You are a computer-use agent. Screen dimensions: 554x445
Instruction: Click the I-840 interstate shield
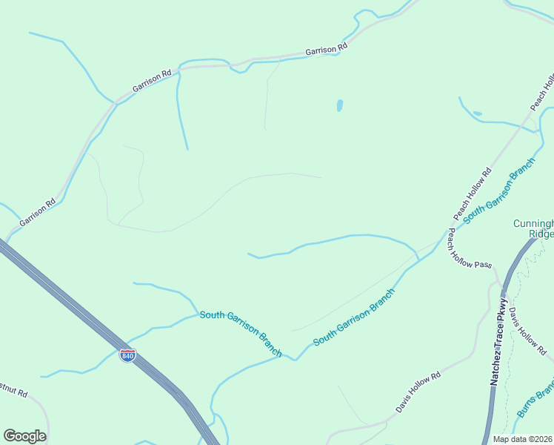[127, 356]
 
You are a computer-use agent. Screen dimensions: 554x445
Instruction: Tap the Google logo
[24, 436]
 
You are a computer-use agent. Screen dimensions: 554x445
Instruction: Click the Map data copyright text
[522, 439]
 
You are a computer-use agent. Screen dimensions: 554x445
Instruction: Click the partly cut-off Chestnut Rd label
[13, 392]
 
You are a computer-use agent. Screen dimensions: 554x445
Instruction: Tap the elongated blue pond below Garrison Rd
[340, 105]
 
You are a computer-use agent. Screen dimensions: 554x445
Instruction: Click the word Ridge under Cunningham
[541, 234]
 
